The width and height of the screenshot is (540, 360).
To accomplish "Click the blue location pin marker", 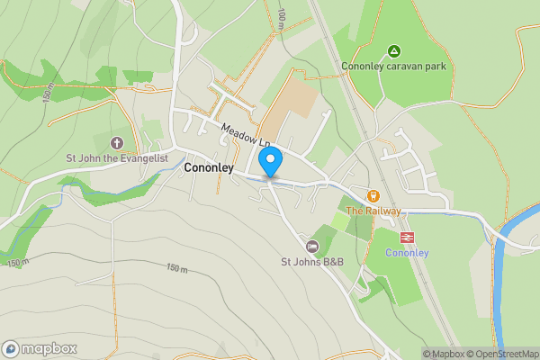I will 270,162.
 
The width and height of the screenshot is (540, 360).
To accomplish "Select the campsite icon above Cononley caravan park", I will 392,50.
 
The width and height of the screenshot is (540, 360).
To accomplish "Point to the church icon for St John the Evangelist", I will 116,143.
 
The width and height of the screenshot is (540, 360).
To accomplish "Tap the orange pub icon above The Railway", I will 373,195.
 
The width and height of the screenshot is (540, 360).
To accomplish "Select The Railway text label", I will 373,211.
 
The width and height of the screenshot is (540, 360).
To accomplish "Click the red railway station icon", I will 406,237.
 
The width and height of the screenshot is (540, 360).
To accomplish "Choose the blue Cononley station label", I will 406,252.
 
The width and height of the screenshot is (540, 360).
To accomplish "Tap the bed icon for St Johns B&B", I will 312,247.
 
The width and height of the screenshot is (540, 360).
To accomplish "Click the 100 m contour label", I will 282,16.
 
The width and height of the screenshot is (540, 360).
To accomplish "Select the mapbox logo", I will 40,348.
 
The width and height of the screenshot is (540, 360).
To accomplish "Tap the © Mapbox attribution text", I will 442,354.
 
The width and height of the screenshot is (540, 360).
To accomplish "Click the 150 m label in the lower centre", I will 178,267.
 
